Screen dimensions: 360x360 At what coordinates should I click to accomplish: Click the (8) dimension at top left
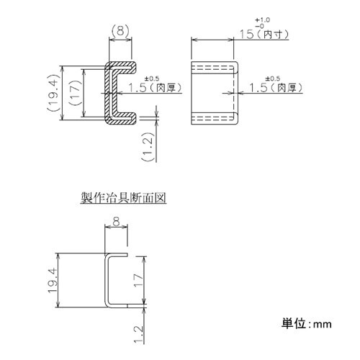(x=120, y=31)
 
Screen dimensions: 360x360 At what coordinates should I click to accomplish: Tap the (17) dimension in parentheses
(x=75, y=93)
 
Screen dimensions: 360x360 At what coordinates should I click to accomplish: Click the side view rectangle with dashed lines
(x=214, y=93)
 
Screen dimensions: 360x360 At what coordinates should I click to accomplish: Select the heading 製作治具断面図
(x=124, y=197)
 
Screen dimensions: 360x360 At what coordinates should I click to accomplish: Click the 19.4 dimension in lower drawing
(x=51, y=281)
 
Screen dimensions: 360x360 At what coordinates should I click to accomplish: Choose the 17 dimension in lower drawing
(x=139, y=280)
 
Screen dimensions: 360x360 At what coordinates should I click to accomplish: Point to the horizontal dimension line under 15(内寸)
(x=214, y=40)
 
